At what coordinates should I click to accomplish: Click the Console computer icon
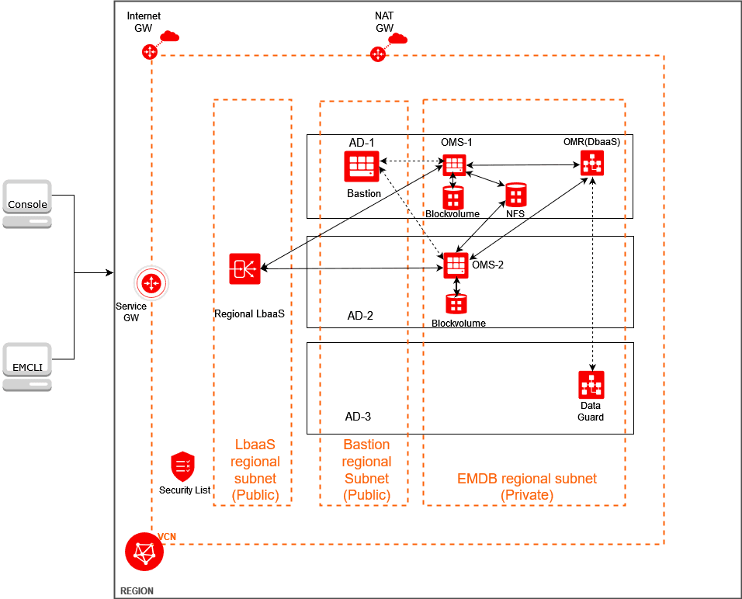[27, 203]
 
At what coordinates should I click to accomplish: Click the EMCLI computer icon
[27, 366]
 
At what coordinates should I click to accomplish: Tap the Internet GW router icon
[150, 52]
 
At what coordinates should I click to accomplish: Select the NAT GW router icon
[378, 54]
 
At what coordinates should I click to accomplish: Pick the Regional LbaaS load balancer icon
[244, 268]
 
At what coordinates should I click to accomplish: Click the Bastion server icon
[361, 165]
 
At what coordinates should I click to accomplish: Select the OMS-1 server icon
[454, 164]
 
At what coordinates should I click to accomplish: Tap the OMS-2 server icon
[456, 266]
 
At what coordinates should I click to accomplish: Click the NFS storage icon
[515, 194]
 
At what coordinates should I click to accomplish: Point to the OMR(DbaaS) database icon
[591, 163]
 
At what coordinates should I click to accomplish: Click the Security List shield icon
[182, 466]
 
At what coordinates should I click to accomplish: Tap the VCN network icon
[144, 552]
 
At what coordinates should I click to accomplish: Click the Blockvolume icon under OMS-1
[453, 197]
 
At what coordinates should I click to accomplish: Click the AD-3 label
[358, 417]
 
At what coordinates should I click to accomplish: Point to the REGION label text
[137, 591]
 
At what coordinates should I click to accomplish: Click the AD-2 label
[360, 316]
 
